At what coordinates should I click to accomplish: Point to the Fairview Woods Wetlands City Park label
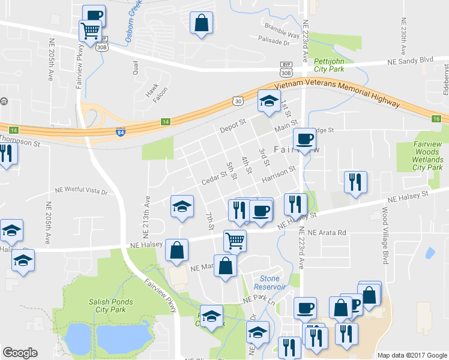[427, 155]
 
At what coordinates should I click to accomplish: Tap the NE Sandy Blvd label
[410, 61]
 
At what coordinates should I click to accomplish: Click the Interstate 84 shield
[120, 131]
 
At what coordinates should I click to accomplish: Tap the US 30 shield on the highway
[239, 103]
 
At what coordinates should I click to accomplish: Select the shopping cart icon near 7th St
[235, 240]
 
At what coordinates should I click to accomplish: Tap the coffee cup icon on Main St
[304, 139]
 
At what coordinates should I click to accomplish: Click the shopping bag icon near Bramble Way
[202, 23]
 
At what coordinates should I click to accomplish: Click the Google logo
[20, 353]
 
